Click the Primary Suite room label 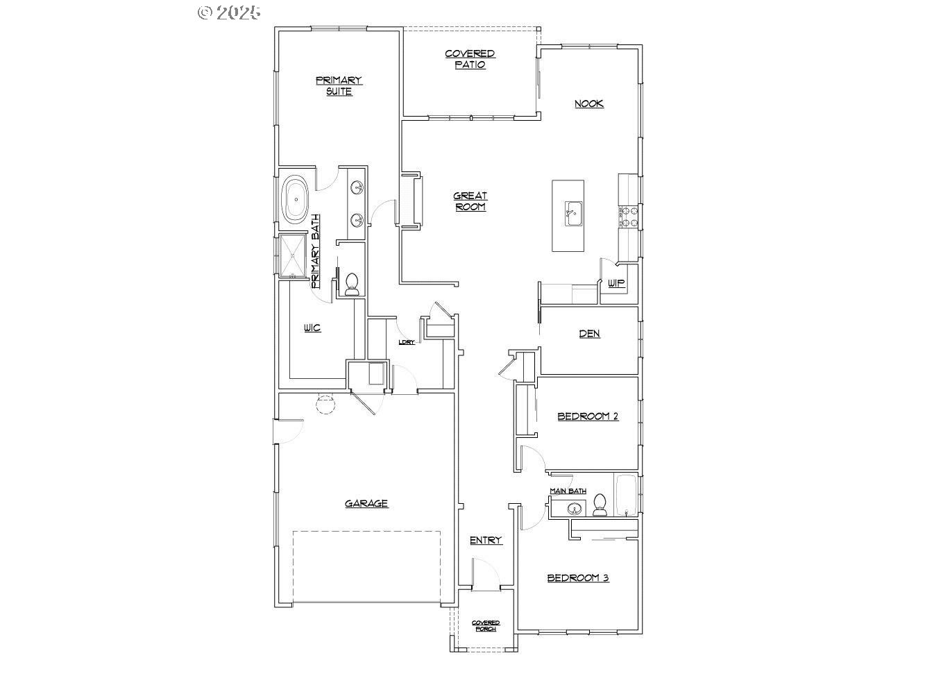(x=339, y=85)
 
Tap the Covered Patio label (x=470, y=59)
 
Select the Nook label (x=589, y=103)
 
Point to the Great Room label (x=470, y=201)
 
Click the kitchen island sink (x=572, y=213)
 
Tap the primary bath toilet (x=352, y=284)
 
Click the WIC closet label (x=312, y=328)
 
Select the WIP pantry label (x=616, y=283)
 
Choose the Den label (x=590, y=334)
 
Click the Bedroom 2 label (x=588, y=416)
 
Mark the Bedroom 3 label (x=578, y=577)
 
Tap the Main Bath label (x=568, y=491)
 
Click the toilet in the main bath (x=600, y=505)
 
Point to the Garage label (x=366, y=504)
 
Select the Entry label (x=486, y=540)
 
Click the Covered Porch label (x=486, y=625)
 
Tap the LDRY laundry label (x=407, y=342)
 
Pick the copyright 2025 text (x=229, y=12)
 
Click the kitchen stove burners (x=629, y=216)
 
